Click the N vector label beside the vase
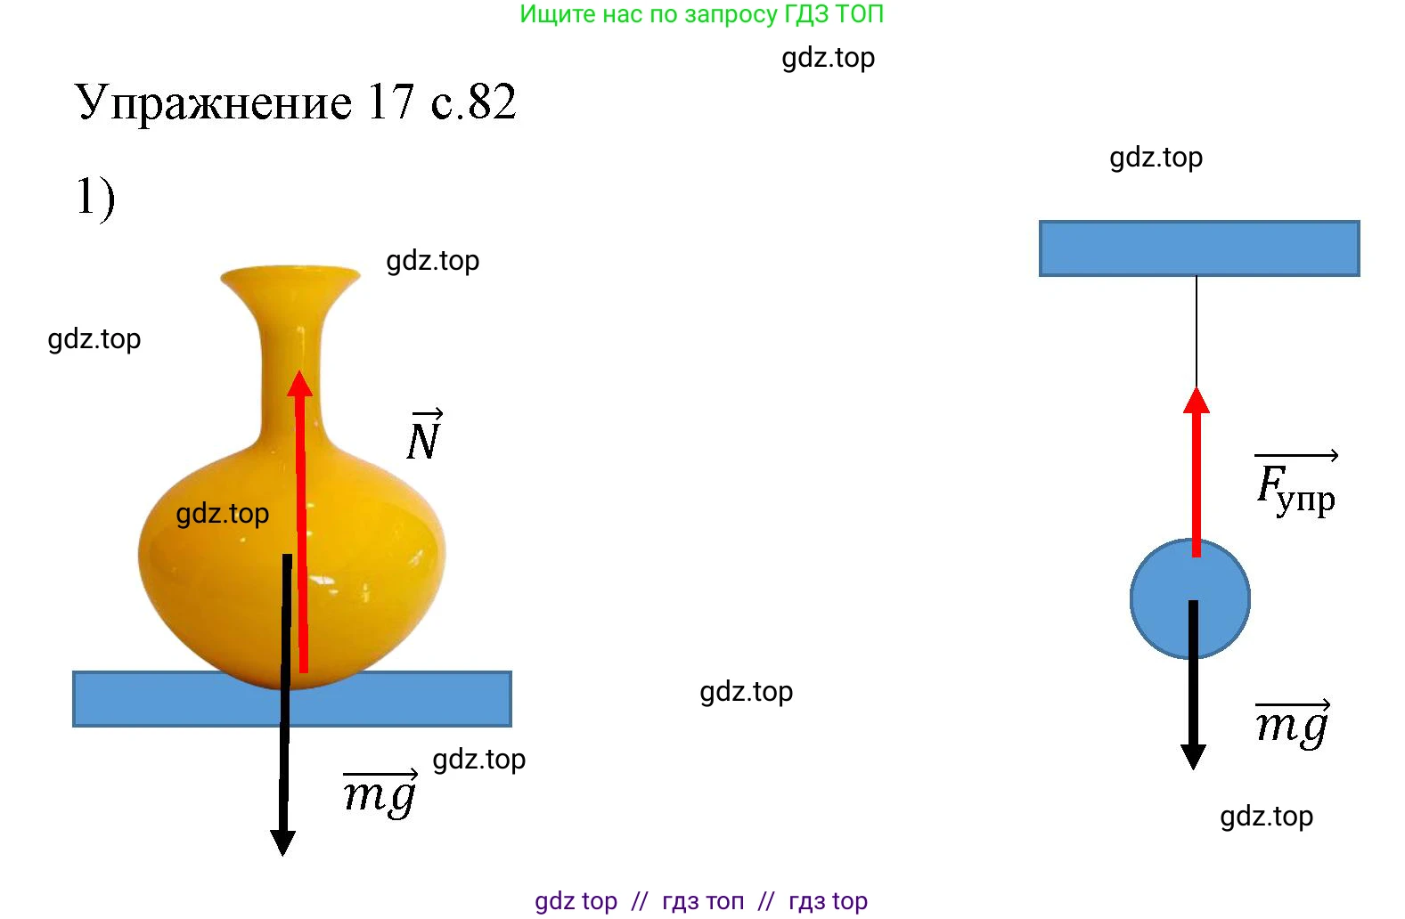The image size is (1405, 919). coord(424,436)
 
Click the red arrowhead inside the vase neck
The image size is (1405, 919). coord(300,384)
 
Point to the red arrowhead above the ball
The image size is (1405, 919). coord(1196,401)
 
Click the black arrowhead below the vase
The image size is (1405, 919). coord(282,842)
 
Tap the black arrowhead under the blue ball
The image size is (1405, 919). coord(1193,756)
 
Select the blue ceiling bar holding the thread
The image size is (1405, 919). coord(1198,248)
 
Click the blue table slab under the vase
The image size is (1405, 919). coord(134,699)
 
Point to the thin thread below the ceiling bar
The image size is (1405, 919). coord(1197,329)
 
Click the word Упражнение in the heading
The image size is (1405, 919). coord(214,102)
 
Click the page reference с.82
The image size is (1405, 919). coord(473,102)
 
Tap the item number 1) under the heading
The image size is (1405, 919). coord(94,198)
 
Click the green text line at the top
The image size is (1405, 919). coord(701,14)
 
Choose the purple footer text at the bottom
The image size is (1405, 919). coord(701,901)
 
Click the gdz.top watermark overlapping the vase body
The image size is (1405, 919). coord(222,514)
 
